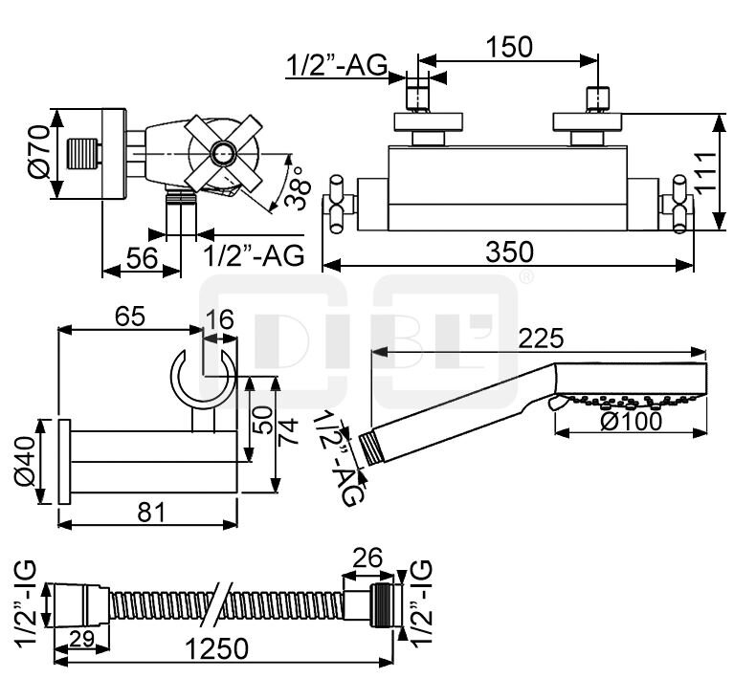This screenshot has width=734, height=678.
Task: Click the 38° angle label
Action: click(298, 190)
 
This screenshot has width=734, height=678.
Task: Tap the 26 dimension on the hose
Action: click(367, 556)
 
